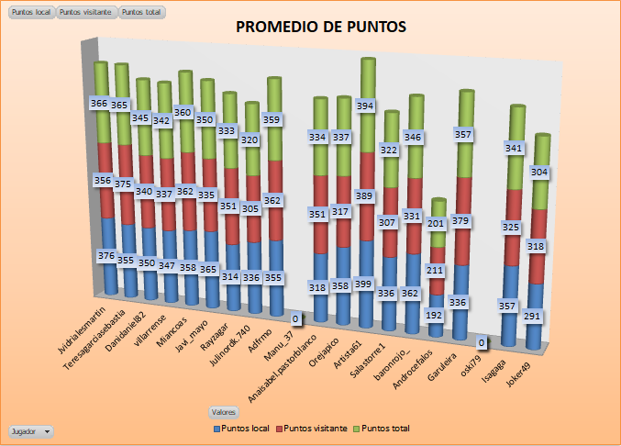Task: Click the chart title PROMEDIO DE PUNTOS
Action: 320,27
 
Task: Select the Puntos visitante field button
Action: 86,12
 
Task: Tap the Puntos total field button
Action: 142,12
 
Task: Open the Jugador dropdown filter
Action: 30,430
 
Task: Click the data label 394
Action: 367,106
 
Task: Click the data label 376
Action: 107,256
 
